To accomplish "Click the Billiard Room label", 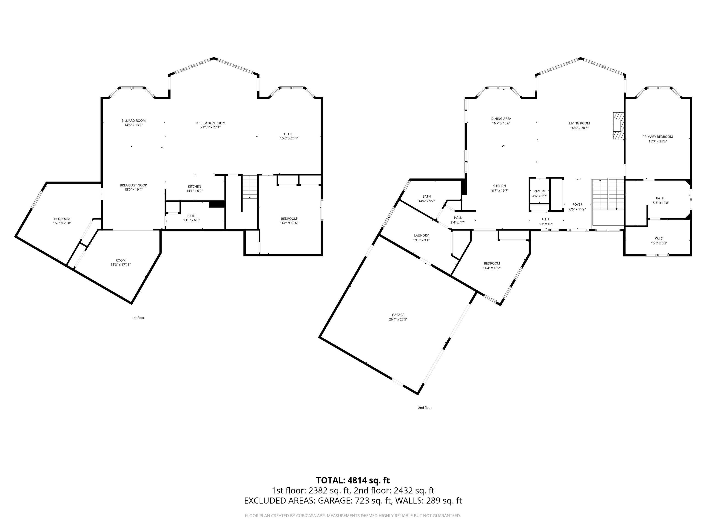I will pyautogui.click(x=134, y=121).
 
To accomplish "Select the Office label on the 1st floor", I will pyautogui.click(x=289, y=134).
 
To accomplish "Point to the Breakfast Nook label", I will pyautogui.click(x=134, y=185).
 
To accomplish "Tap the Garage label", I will pyautogui.click(x=398, y=315).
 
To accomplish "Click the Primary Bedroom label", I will pyautogui.click(x=658, y=137).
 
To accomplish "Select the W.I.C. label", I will pyautogui.click(x=659, y=239).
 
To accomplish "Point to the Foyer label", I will pyautogui.click(x=577, y=205).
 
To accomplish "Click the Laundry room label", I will pyautogui.click(x=421, y=236).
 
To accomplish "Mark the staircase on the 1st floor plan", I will pyautogui.click(x=250, y=187).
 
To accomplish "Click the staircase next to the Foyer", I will pyautogui.click(x=608, y=195).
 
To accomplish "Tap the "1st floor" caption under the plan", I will pyautogui.click(x=138, y=318).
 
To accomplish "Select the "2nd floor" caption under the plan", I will pyautogui.click(x=425, y=408).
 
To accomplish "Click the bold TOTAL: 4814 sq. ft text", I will pyautogui.click(x=353, y=481).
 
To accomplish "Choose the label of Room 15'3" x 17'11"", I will pyautogui.click(x=121, y=260).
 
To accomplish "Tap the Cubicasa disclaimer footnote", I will pyautogui.click(x=353, y=516).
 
